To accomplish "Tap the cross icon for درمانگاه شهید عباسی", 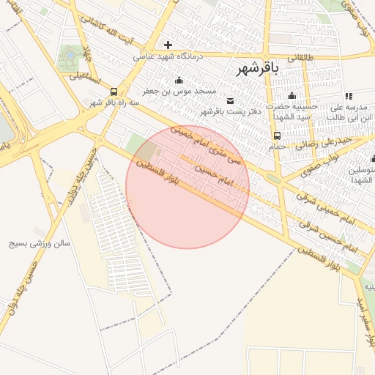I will (168, 45).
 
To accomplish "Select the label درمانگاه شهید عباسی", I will (168, 56).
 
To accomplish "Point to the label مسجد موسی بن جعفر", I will (179, 91).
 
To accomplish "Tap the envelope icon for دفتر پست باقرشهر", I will (231, 100).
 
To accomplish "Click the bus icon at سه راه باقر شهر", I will (114, 92).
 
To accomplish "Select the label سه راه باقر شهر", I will (115, 103).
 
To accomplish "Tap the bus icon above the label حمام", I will (277, 135).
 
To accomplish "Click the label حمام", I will (277, 146).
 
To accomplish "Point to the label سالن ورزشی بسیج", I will (40, 243).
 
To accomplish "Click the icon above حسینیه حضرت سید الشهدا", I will (292, 95).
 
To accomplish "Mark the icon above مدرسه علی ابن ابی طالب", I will (349, 95).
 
